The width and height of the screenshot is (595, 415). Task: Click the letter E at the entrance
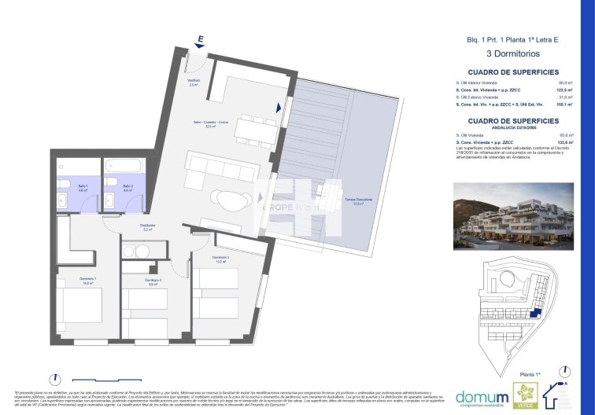[201, 39]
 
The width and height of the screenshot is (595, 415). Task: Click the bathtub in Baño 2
[122, 167]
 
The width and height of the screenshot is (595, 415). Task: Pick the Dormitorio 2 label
[153, 281]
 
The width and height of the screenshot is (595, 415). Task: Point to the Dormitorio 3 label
[220, 259]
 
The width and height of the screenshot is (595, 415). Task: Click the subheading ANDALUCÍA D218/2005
[513, 127]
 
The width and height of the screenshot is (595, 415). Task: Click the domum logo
[479, 395]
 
